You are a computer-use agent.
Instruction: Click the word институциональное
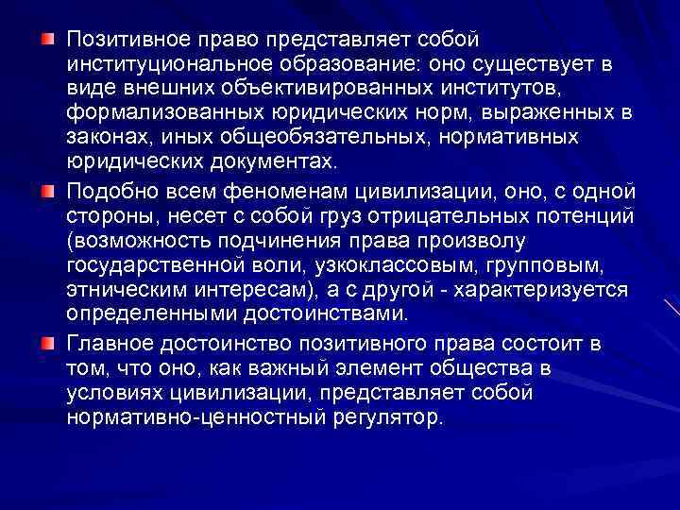click(155, 65)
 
